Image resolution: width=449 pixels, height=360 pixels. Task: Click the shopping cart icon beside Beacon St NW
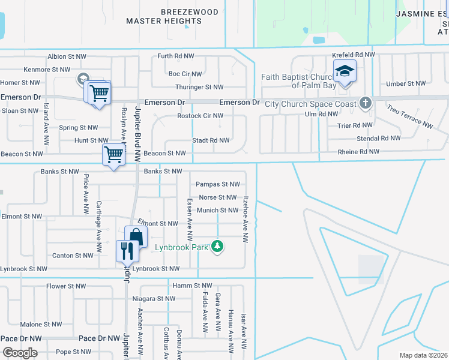click(x=113, y=154)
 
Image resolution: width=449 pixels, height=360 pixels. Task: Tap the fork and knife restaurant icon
click(x=126, y=250)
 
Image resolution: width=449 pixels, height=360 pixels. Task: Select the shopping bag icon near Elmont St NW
click(x=136, y=236)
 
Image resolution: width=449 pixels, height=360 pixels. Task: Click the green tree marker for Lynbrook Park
click(x=218, y=247)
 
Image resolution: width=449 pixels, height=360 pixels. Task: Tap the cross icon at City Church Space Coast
click(x=364, y=103)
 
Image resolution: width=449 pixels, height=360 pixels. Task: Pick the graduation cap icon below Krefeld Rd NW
click(x=345, y=72)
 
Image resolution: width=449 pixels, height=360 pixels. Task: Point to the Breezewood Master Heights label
click(x=164, y=16)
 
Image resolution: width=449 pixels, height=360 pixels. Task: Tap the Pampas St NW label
click(x=218, y=184)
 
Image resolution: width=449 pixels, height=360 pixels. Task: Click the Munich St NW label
click(x=218, y=210)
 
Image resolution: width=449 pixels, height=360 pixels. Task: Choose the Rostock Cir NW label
click(x=200, y=116)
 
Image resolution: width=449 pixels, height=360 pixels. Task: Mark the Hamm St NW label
click(x=192, y=286)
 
